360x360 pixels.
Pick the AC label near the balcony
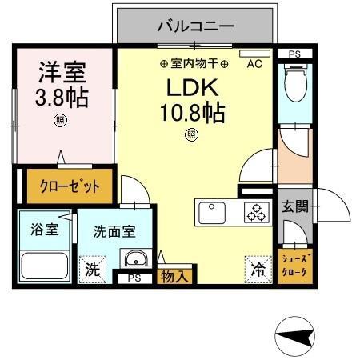coord(254,63)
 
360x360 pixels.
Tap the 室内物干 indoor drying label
coord(194,63)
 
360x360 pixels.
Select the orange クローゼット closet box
coord(70,188)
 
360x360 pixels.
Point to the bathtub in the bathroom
coord(45,266)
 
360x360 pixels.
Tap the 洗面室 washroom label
coord(114,232)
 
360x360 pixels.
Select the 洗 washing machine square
coord(93,269)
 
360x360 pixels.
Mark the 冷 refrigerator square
coord(258,269)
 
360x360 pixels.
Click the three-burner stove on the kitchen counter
coord(257,213)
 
